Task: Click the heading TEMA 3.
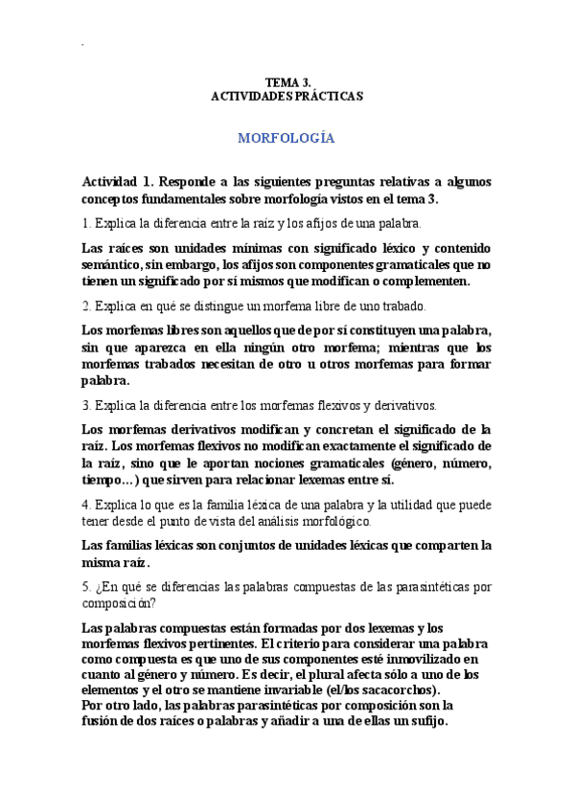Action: pyautogui.click(x=287, y=82)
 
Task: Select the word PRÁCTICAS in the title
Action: pyautogui.click(x=330, y=97)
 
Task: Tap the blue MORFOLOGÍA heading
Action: pyautogui.click(x=287, y=138)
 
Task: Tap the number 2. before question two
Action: pyautogui.click(x=86, y=306)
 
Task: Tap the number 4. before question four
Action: pyautogui.click(x=86, y=505)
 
